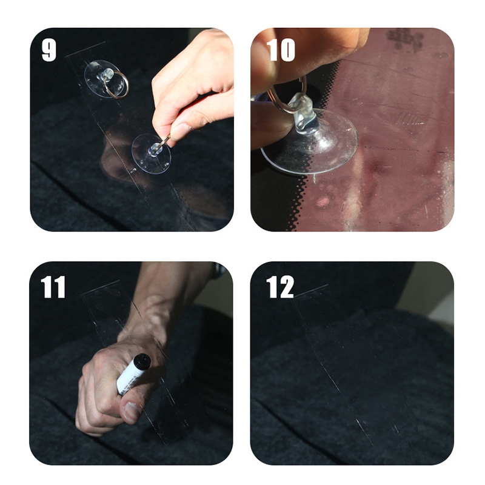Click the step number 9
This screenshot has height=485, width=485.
click(49, 50)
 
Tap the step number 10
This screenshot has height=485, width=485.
click(281, 50)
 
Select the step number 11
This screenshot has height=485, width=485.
click(53, 287)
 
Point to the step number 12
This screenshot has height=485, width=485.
click(279, 287)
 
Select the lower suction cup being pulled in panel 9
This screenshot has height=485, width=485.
click(151, 154)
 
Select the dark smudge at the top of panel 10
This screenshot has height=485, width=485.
click(404, 39)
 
